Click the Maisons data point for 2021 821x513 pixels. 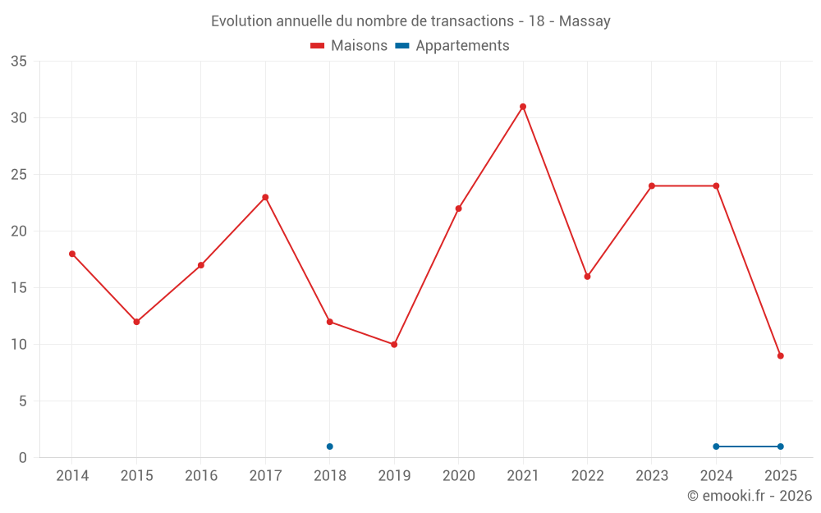coord(523,107)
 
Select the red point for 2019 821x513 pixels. coord(394,345)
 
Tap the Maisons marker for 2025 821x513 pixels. coord(781,356)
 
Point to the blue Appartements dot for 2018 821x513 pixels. coord(330,447)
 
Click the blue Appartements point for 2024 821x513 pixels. coord(716,447)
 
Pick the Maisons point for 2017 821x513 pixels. coord(265,197)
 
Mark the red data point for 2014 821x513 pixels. coord(72,254)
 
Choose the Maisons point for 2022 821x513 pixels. coord(587,277)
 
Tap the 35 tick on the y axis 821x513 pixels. coord(19,62)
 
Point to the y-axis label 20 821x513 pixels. coord(19,231)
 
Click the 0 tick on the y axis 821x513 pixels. coord(23,458)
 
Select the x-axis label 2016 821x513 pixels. coord(201,476)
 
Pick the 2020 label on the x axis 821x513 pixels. coord(458,476)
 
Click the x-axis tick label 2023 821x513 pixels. coord(652,476)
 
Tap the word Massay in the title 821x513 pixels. coord(585,21)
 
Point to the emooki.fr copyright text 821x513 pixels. coord(749,496)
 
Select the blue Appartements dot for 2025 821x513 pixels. coord(781,447)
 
